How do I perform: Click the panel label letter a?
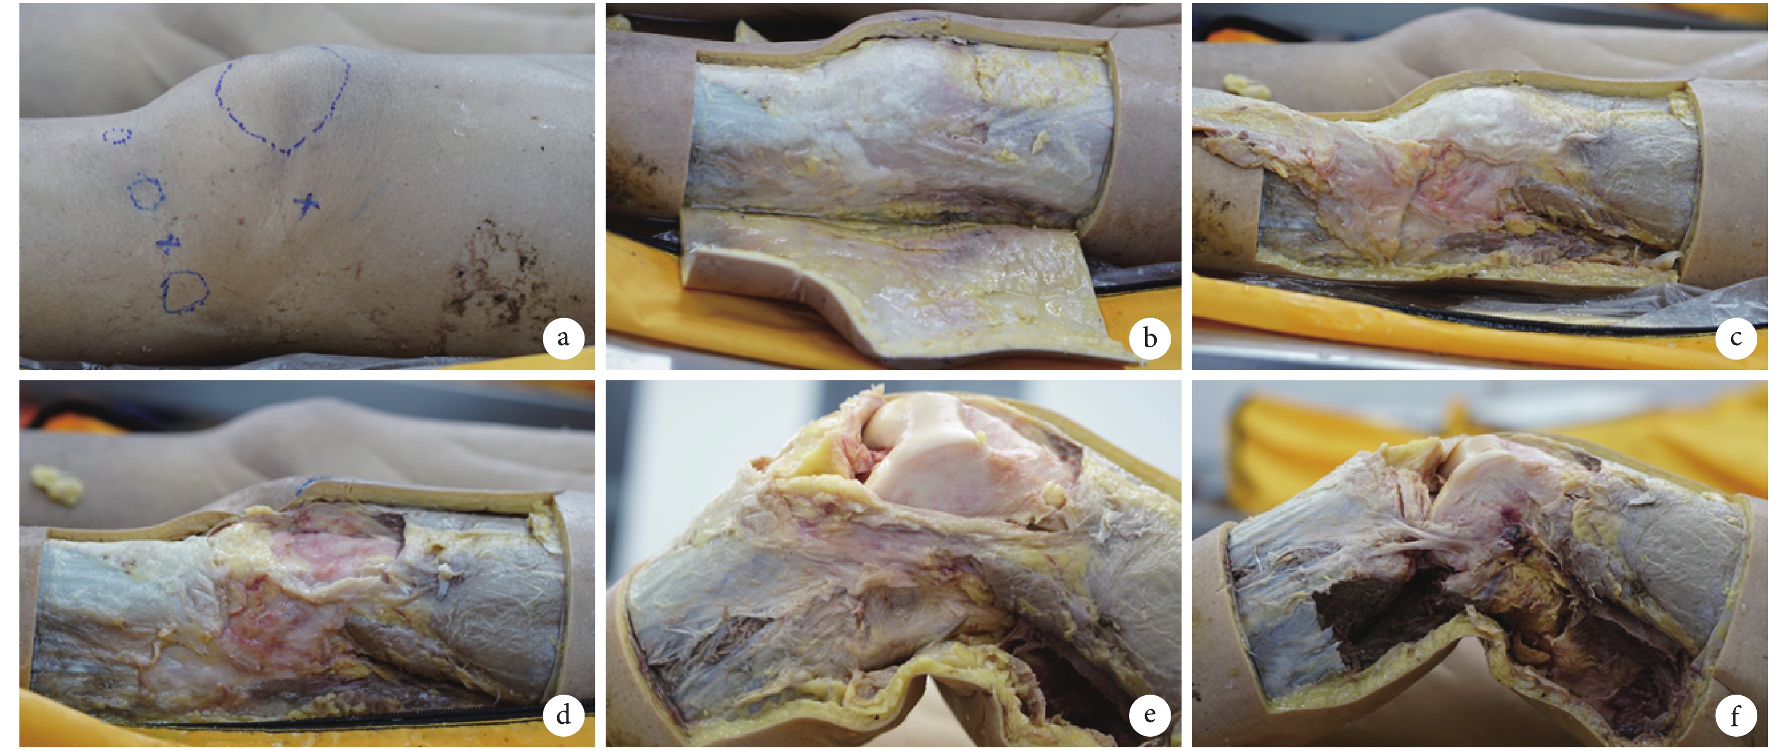563,338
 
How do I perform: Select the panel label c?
1736,338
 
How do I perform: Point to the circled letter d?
563,715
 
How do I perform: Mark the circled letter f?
1736,715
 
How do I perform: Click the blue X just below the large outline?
306,204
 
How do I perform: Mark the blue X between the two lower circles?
168,244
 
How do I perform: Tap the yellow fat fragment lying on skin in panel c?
1245,85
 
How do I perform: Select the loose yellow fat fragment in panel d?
57,483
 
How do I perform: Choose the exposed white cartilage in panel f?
1471,486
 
